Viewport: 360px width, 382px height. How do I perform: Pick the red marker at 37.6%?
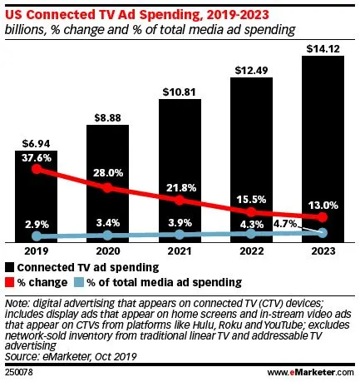36,169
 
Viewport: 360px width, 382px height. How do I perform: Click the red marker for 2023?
322,217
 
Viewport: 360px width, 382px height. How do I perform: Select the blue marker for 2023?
322,233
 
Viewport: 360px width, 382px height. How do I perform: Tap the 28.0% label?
107,172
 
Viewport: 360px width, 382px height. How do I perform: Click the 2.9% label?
36,225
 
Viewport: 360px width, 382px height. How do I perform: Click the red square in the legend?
11,282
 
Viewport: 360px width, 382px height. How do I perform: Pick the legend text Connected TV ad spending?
88,266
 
